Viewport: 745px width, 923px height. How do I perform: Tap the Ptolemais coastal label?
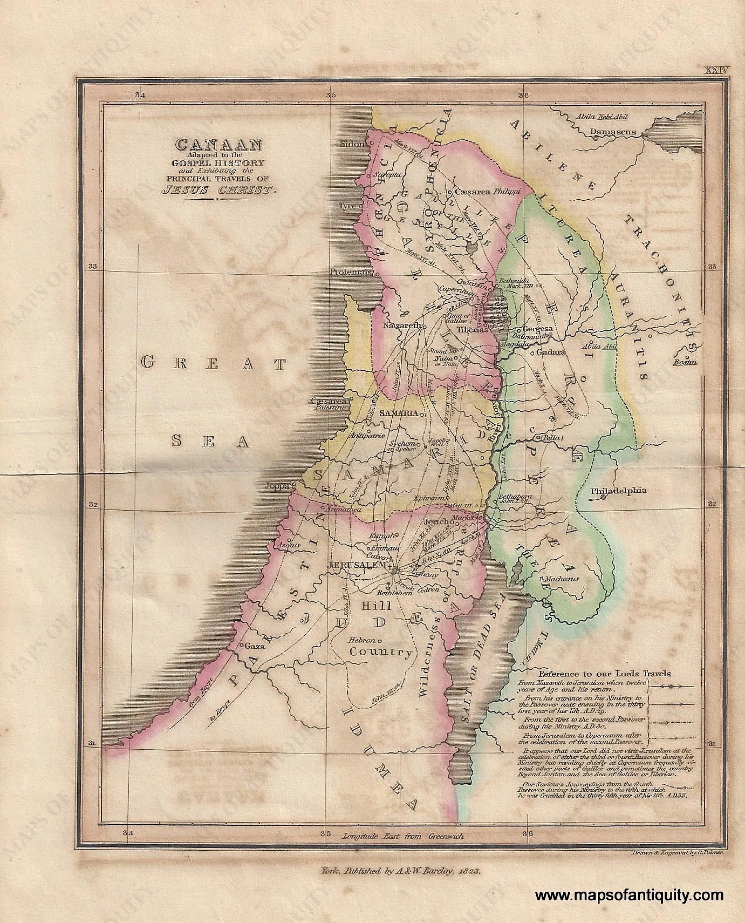351,272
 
